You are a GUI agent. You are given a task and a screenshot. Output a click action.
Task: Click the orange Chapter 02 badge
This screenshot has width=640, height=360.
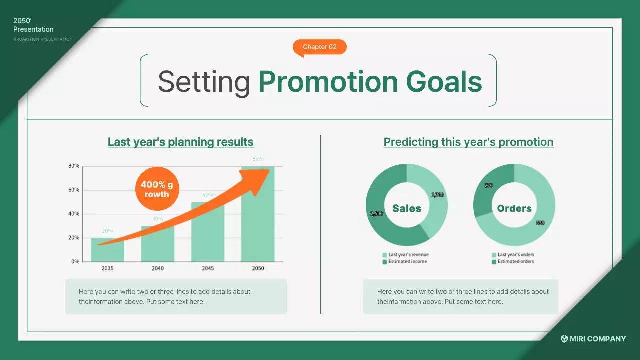[319, 47]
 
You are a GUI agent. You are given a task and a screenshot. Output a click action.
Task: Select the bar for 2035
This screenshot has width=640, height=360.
[107, 250]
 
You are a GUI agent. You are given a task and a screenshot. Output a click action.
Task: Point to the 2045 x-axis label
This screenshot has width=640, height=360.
[208, 268]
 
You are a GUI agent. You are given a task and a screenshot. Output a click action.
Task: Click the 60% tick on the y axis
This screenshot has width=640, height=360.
[74, 190]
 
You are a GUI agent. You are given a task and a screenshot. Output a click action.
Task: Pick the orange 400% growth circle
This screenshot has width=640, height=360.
[157, 189]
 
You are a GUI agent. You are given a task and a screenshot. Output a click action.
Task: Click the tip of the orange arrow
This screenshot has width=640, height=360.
[269, 170]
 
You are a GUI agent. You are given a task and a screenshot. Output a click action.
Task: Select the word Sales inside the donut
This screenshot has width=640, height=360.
[407, 208]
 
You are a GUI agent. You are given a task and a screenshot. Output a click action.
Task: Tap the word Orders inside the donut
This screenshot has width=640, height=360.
[514, 208]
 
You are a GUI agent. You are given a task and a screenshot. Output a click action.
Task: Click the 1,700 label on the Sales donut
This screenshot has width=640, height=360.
[437, 195]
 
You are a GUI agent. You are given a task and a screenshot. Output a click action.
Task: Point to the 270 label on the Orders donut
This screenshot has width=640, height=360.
[489, 185]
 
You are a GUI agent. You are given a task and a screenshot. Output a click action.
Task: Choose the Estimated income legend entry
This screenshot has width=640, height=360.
[405, 261]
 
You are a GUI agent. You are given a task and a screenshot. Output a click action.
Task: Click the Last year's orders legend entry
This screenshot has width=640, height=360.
[513, 255]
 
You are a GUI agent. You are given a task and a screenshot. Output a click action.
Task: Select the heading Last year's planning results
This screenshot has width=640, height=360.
[181, 142]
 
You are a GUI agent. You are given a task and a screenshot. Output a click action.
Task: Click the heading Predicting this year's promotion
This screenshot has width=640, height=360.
[468, 142]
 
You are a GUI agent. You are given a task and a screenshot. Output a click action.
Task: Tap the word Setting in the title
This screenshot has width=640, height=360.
[204, 82]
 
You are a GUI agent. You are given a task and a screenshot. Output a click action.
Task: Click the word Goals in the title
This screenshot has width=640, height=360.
[444, 82]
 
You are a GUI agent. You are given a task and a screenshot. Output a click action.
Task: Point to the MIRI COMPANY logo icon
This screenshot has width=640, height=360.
[564, 339]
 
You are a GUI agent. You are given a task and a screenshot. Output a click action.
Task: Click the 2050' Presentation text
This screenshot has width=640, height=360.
[33, 25]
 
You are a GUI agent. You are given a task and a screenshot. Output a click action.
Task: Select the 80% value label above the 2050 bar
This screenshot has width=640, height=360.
[258, 159]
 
